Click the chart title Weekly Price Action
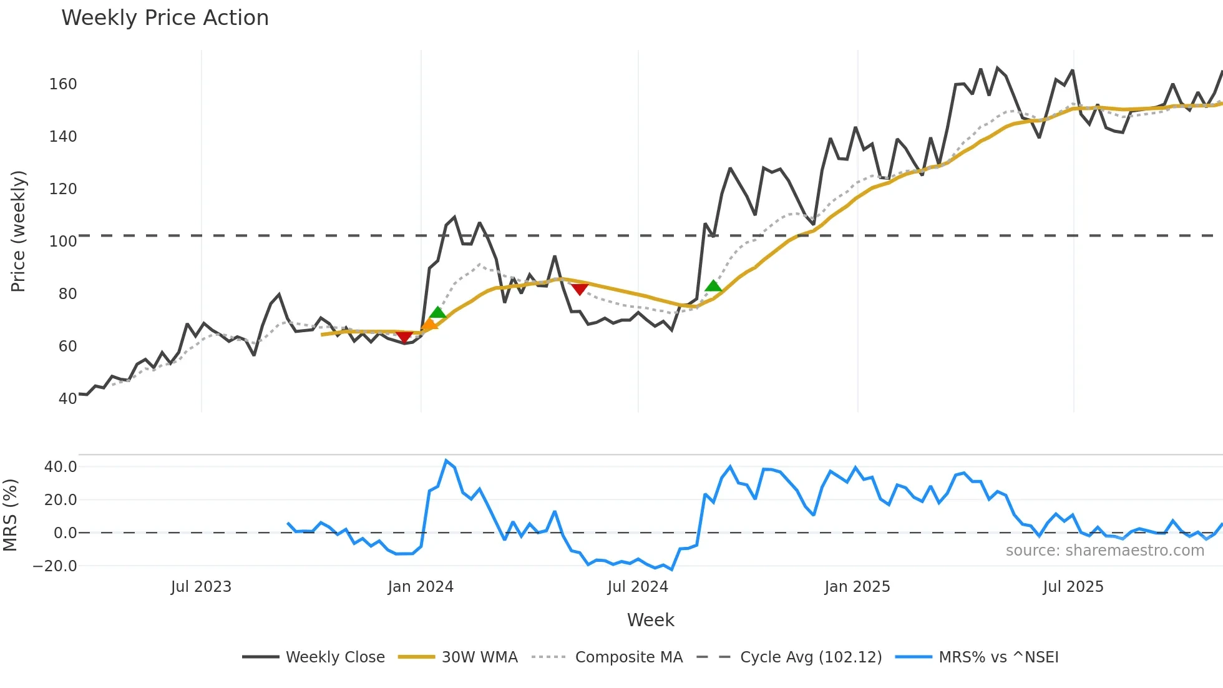click(x=165, y=18)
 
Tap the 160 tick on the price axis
click(x=63, y=84)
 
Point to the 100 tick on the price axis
click(x=63, y=242)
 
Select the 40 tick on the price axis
click(x=67, y=398)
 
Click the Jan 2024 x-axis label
click(x=421, y=587)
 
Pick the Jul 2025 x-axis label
click(x=1073, y=587)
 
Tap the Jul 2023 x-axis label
click(x=201, y=587)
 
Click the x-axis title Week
click(x=650, y=620)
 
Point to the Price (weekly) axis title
click(x=19, y=231)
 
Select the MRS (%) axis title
click(x=11, y=515)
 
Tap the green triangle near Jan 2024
click(x=438, y=313)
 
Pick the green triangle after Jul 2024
click(x=713, y=286)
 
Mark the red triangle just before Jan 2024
click(x=404, y=337)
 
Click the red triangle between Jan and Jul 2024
click(x=580, y=289)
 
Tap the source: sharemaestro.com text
click(x=1104, y=551)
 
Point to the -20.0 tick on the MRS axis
click(x=55, y=566)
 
